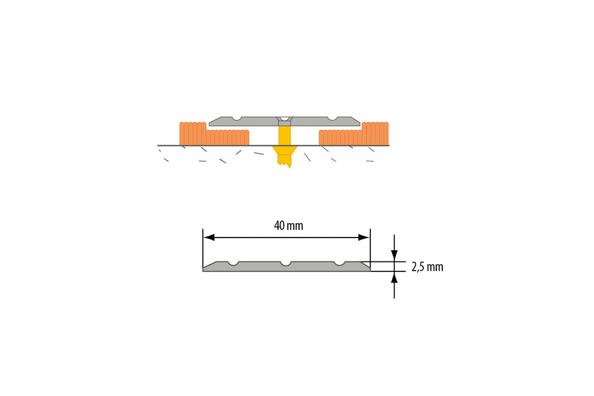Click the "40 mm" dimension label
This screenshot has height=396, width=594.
coord(288,226)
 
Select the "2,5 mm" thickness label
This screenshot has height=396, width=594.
coord(427,267)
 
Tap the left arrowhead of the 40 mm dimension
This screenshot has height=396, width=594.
coord(209,238)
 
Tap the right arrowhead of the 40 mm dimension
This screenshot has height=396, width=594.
coord(364,238)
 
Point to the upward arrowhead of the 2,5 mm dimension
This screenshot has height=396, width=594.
coord(395,277)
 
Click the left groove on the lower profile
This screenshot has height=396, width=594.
coord(233,263)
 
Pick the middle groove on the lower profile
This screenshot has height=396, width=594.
coord(286,263)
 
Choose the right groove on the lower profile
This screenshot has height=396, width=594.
coord(339,263)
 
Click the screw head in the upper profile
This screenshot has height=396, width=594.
coord(284,121)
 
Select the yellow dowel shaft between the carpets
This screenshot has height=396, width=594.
coord(284,135)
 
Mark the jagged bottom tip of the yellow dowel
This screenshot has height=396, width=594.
coord(289,166)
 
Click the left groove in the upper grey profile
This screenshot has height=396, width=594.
coord(238,119)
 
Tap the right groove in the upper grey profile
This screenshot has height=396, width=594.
coord(332,119)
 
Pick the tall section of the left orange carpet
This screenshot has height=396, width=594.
coord(193,133)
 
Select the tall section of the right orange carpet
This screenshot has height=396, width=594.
coord(375,133)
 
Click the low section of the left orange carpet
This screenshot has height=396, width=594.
coord(228,137)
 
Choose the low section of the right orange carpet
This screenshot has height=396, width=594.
coord(341,137)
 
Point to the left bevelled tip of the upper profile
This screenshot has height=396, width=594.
coord(210,123)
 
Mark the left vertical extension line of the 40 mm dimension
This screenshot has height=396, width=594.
coord(203,250)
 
